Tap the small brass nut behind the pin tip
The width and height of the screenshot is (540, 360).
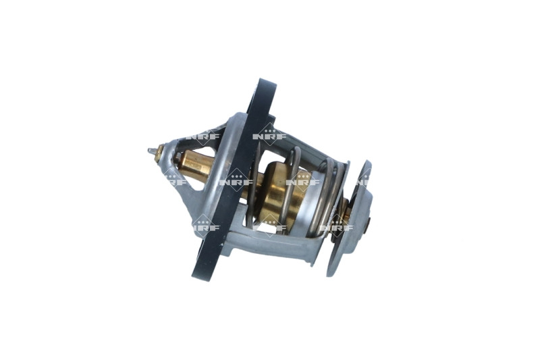click(x=159, y=155)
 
